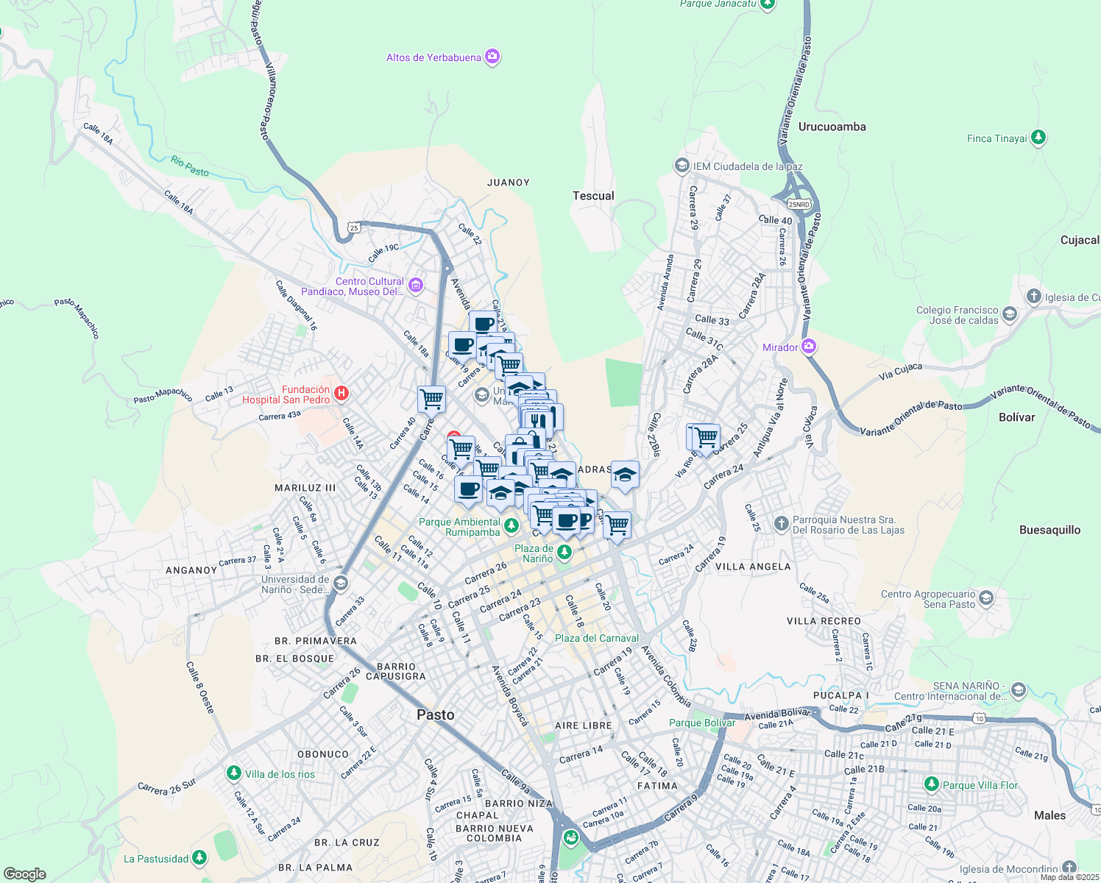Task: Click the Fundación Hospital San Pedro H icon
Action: click(x=341, y=394)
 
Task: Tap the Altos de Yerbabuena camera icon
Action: click(x=492, y=57)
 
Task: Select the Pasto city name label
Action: click(x=435, y=714)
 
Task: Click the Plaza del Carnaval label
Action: click(x=596, y=638)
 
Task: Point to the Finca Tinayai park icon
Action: click(x=1038, y=137)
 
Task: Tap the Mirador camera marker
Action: click(x=809, y=346)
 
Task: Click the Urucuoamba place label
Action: click(x=832, y=127)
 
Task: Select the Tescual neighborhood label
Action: click(x=593, y=196)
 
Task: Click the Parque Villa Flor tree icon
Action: click(x=931, y=784)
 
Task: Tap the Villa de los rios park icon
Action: click(x=234, y=773)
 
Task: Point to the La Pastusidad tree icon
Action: click(x=199, y=858)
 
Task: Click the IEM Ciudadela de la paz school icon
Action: click(x=682, y=166)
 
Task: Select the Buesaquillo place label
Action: click(x=1049, y=530)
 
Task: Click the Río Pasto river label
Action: click(x=190, y=166)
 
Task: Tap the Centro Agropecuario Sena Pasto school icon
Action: click(x=987, y=598)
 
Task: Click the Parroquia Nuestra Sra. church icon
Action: click(x=782, y=524)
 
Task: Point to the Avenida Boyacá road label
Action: click(x=510, y=695)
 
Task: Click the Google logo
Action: click(x=25, y=873)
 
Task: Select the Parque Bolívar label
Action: click(x=701, y=723)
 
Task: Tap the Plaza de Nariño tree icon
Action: click(x=564, y=552)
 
